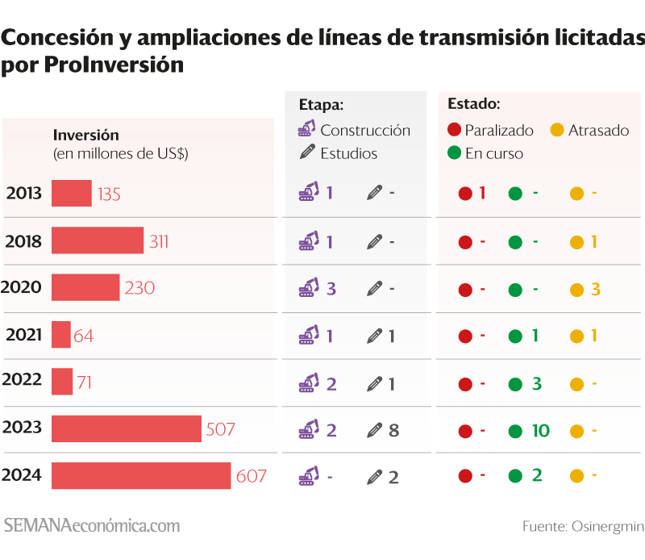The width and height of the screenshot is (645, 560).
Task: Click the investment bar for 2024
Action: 141,475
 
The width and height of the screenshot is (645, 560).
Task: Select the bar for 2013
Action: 71,194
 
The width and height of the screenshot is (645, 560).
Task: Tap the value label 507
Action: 220,429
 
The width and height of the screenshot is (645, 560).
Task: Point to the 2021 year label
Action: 23,335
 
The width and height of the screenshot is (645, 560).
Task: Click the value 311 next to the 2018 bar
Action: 159,241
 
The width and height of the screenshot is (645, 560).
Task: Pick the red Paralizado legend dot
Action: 453,130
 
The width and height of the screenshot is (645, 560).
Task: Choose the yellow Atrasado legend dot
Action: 556,130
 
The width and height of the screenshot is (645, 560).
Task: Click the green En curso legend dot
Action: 453,153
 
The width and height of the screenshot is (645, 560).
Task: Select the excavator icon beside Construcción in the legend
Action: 306,129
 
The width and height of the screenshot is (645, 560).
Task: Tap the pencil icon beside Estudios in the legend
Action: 306,153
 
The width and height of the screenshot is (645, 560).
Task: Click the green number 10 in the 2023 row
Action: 540,430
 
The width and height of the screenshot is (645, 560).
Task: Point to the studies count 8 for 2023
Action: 393,430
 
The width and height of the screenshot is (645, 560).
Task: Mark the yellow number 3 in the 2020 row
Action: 595,289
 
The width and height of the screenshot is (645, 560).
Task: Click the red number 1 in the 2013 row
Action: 482,193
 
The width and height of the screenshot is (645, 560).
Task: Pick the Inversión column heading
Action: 85,135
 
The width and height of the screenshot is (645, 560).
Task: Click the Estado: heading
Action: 473,104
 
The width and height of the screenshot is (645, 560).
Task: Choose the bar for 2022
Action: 62,382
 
